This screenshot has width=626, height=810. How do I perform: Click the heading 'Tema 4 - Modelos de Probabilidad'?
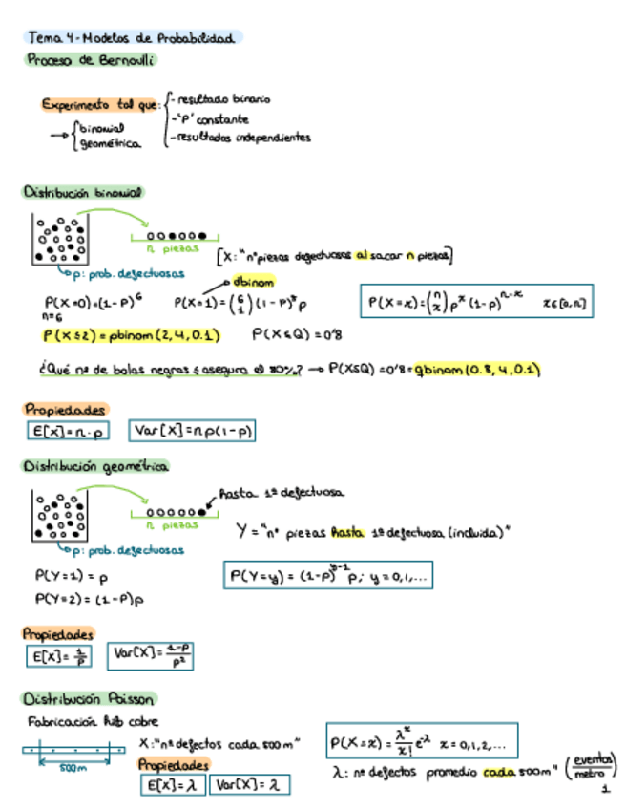pos(132,38)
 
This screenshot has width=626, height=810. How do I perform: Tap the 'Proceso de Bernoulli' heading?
pos(90,59)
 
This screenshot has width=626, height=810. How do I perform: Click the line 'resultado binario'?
pos(222,98)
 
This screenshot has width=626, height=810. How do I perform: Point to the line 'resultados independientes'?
pos(240,138)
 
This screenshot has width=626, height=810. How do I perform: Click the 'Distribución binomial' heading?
pos(83,192)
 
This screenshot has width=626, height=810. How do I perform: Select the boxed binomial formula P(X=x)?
pos(476,303)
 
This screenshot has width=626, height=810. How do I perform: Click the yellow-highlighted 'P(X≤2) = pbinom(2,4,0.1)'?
pos(132,335)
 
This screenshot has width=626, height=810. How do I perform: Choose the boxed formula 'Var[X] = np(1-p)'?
pos(192,432)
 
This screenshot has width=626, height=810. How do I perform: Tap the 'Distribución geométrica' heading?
pos(95,467)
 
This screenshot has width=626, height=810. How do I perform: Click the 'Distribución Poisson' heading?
pos(90,698)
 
